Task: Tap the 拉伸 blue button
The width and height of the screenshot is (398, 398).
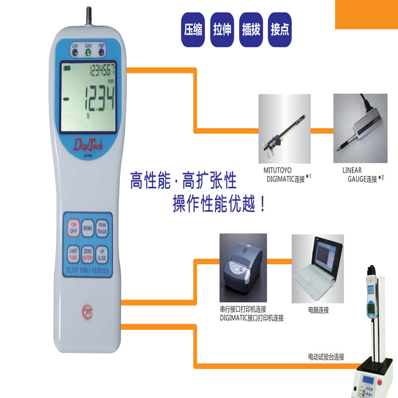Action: point(222,29)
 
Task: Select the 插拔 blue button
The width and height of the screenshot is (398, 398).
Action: point(250,29)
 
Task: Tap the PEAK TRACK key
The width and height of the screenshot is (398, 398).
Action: point(102,228)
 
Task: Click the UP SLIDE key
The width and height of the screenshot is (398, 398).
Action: point(102,255)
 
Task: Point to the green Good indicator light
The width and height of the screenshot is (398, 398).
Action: point(88,51)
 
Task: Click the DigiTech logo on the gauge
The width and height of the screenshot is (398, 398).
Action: point(88,145)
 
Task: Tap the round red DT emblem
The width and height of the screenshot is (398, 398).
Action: point(88,309)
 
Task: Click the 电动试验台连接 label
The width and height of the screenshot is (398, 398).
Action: point(326,357)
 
